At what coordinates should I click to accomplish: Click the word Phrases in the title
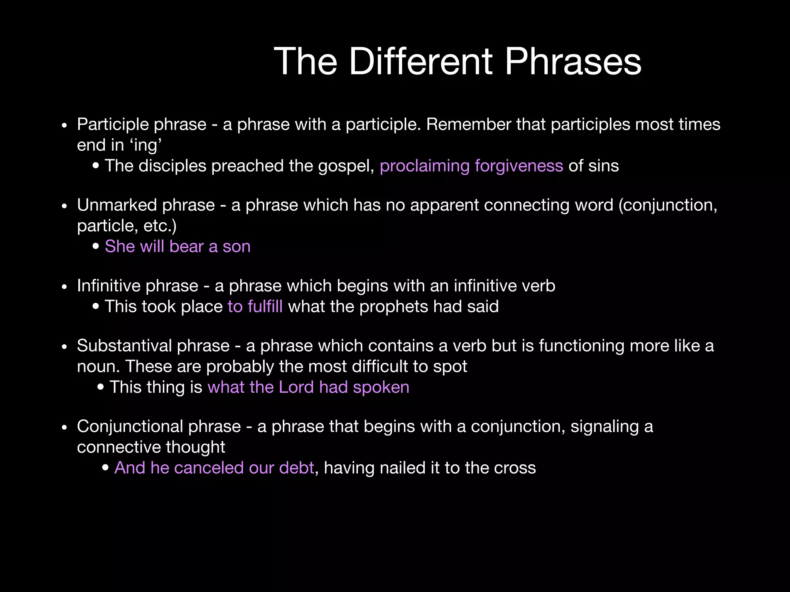pyautogui.click(x=572, y=62)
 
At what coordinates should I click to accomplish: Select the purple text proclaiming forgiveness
pyautogui.click(x=471, y=166)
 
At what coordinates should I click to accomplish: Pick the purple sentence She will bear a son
pyautogui.click(x=177, y=247)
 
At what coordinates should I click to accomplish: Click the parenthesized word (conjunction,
pyautogui.click(x=667, y=205)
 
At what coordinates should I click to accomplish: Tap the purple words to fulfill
pyautogui.click(x=255, y=307)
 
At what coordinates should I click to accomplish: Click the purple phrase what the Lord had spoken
pyautogui.click(x=308, y=387)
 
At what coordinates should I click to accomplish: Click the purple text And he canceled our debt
pyautogui.click(x=214, y=468)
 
